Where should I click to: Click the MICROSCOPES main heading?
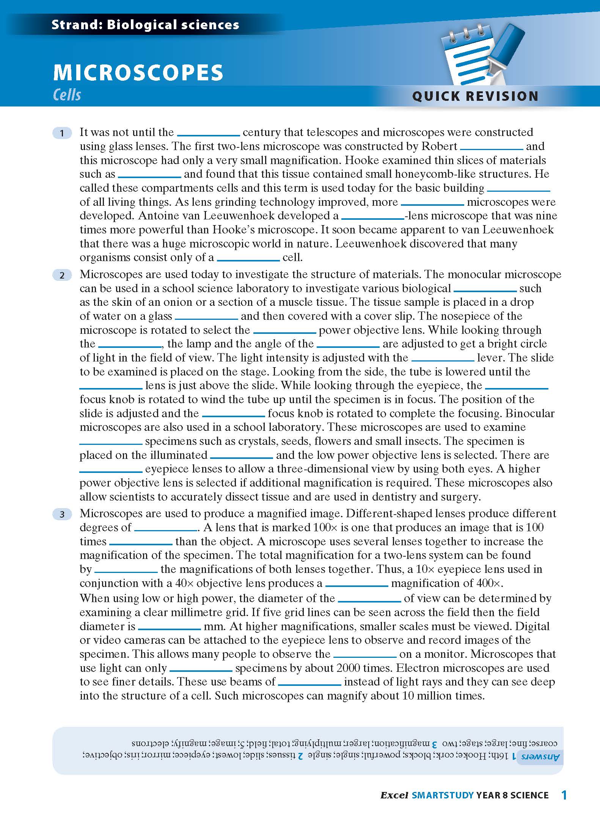point(138,72)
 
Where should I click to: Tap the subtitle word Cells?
point(67,95)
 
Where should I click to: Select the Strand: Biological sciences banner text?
point(145,25)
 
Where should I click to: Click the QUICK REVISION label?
point(475,96)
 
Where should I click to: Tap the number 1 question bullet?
point(62,133)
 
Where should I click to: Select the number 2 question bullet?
point(62,275)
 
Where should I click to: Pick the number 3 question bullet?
point(62,514)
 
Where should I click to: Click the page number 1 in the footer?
point(564,795)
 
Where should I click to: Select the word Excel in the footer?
point(394,795)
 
